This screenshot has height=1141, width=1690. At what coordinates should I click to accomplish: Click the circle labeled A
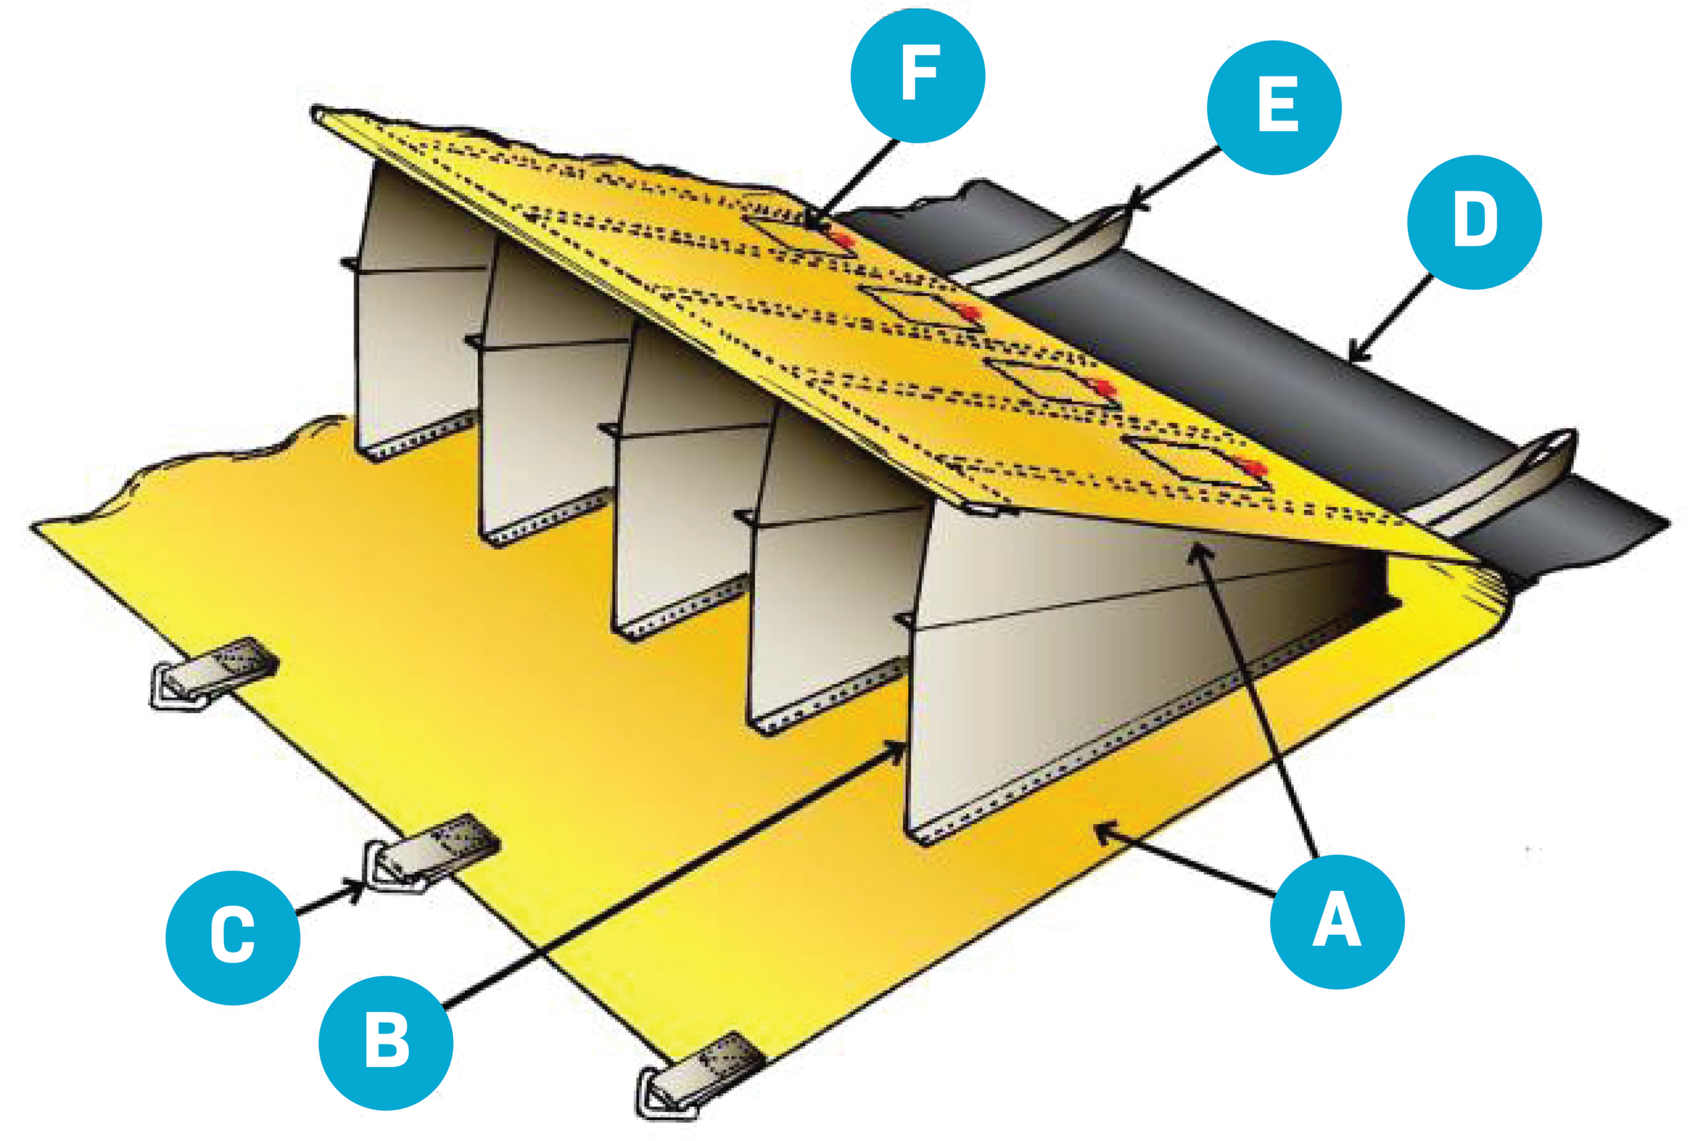coord(1336,921)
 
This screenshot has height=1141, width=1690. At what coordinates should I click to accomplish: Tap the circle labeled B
coord(386,1043)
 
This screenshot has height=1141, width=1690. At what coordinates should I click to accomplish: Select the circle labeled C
coord(233,938)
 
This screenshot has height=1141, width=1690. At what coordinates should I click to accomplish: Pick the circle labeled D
coord(1474,222)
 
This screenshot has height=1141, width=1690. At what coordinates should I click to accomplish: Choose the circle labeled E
coord(1274,107)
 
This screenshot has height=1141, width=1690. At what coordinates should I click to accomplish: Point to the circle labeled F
coord(918,76)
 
